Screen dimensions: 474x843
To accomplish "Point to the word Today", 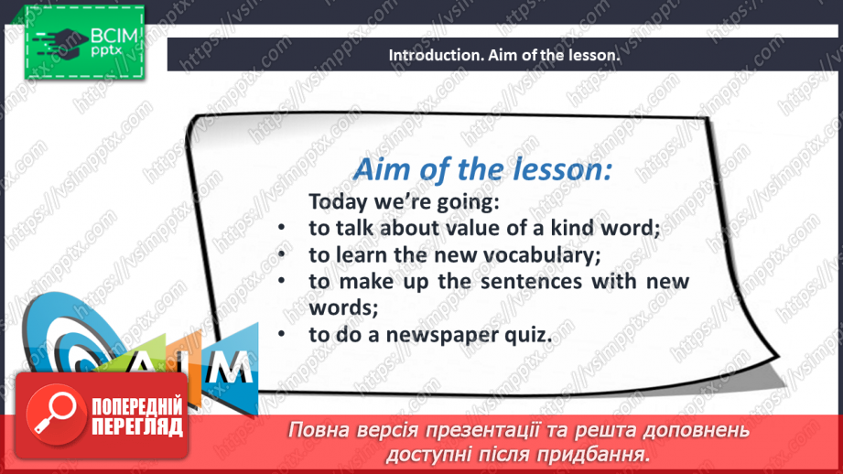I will tap(337, 201).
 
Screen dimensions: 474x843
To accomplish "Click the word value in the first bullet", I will tap(487, 228).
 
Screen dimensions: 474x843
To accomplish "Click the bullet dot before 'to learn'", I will tap(285, 255).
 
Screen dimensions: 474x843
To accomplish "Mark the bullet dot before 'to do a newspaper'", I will tap(285, 335).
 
